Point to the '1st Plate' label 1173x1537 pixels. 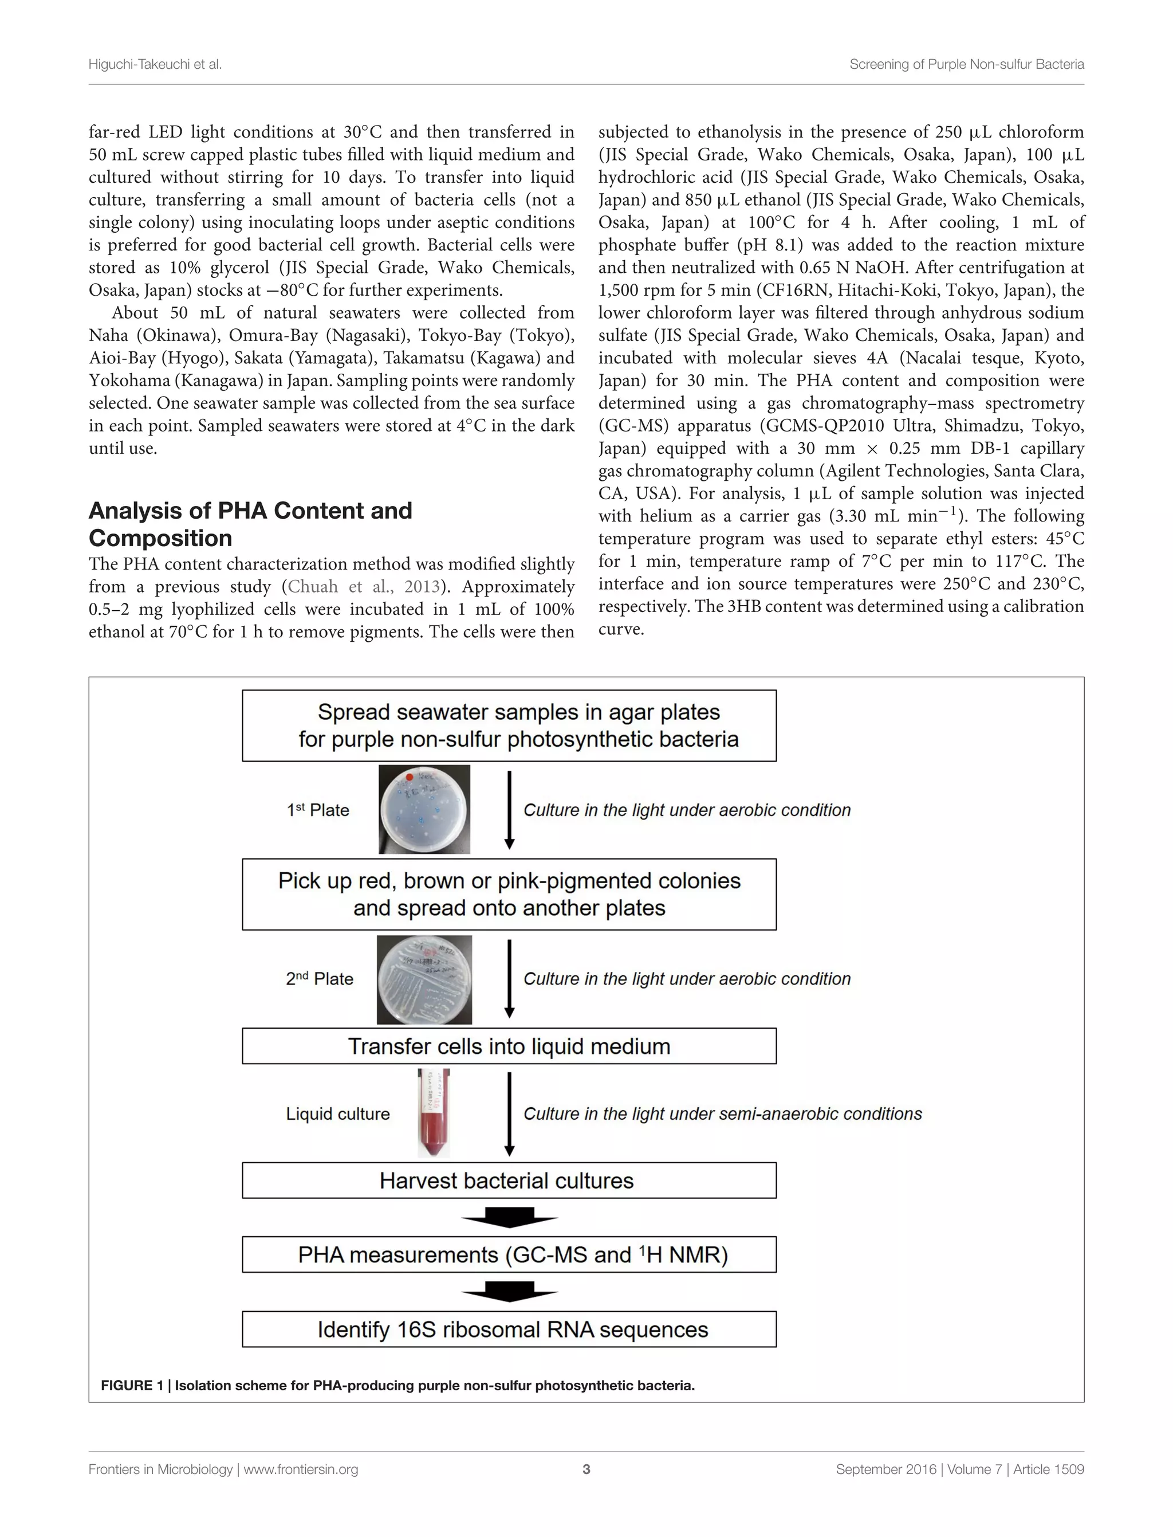click(318, 810)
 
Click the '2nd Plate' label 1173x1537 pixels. click(319, 979)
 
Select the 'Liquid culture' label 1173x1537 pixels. click(337, 1113)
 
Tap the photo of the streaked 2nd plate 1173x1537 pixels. click(424, 980)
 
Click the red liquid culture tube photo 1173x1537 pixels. click(434, 1113)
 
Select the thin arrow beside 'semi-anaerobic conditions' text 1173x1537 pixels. click(509, 1113)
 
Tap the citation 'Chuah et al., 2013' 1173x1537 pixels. click(364, 587)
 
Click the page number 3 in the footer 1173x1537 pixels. click(586, 1469)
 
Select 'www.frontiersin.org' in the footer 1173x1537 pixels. click(300, 1469)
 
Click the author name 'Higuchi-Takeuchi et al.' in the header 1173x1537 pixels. click(155, 64)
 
